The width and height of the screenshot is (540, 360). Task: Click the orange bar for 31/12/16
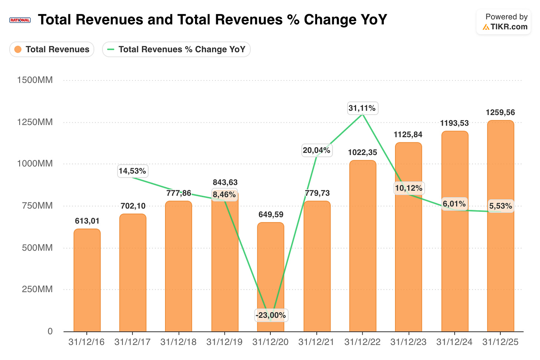(87, 280)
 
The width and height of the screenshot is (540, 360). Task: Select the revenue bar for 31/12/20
(270, 277)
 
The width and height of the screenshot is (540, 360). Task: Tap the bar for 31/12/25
(500, 226)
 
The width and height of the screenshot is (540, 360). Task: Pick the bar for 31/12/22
(363, 246)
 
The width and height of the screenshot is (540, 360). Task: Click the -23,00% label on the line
(271, 315)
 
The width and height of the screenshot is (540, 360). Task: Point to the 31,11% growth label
(362, 108)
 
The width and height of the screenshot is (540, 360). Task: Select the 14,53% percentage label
(132, 171)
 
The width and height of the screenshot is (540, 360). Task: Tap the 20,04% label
(316, 151)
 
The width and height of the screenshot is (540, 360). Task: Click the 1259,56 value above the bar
(500, 112)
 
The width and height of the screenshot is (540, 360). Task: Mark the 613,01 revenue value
(87, 221)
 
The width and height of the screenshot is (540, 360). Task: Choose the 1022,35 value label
(362, 152)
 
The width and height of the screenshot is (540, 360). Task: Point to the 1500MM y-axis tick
(35, 80)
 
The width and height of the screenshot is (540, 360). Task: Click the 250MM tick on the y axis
(37, 289)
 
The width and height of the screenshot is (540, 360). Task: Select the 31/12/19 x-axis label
(224, 342)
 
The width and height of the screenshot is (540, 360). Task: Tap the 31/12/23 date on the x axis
(408, 342)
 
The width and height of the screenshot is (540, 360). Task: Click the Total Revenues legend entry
(52, 49)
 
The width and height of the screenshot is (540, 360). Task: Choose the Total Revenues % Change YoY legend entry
(176, 49)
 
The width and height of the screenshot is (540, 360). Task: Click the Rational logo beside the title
(20, 20)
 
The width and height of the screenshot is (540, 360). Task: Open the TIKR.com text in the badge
(509, 27)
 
